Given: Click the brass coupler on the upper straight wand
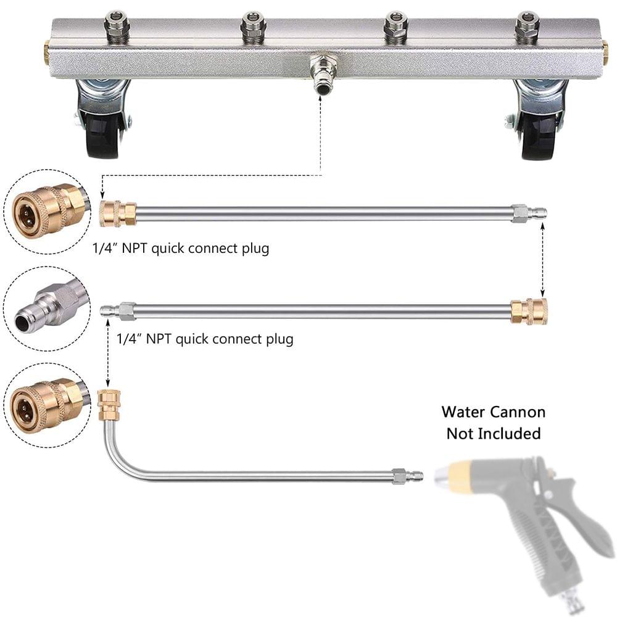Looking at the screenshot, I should click(x=118, y=213).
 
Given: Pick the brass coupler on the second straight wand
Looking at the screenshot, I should click(x=528, y=311).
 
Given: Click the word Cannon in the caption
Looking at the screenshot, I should click(x=517, y=412).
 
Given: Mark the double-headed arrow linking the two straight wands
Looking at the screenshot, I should click(x=542, y=260).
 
